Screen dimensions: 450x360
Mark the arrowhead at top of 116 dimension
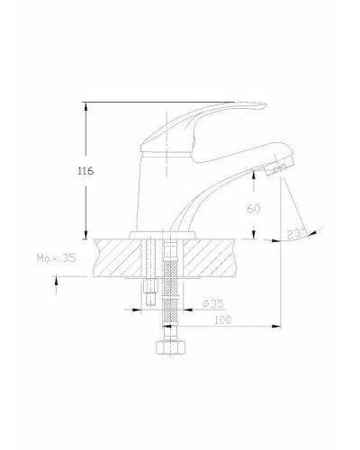85,106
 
